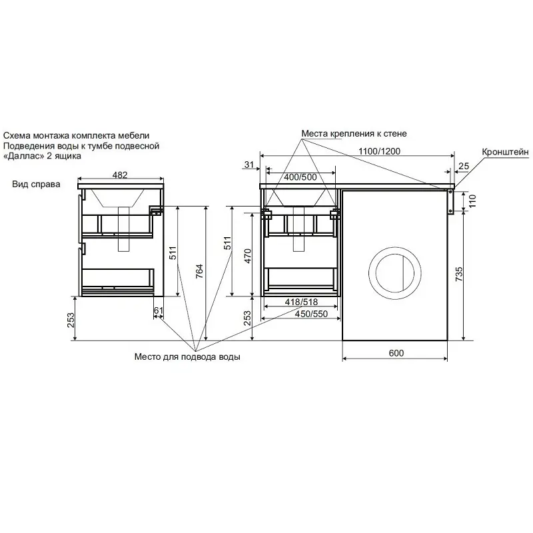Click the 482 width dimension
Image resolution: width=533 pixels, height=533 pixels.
(x=120, y=175)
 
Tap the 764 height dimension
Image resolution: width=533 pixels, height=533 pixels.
(x=199, y=271)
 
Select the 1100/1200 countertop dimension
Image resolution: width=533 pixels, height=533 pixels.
(x=379, y=151)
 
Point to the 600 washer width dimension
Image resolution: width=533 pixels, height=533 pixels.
(x=396, y=353)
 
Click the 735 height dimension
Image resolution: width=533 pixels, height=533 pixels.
(x=459, y=274)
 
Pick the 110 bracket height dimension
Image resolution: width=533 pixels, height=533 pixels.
(x=472, y=201)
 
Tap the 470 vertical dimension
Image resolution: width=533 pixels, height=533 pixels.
(x=248, y=256)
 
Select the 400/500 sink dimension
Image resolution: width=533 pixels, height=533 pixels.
(x=300, y=177)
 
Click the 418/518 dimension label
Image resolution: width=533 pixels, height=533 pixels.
(x=302, y=302)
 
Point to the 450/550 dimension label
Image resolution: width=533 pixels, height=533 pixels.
(x=311, y=313)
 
